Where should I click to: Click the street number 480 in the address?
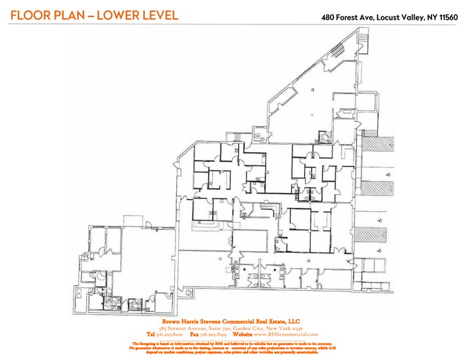pos(329,17)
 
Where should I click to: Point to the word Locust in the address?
pos(388,17)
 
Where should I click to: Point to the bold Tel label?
pos(151,334)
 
